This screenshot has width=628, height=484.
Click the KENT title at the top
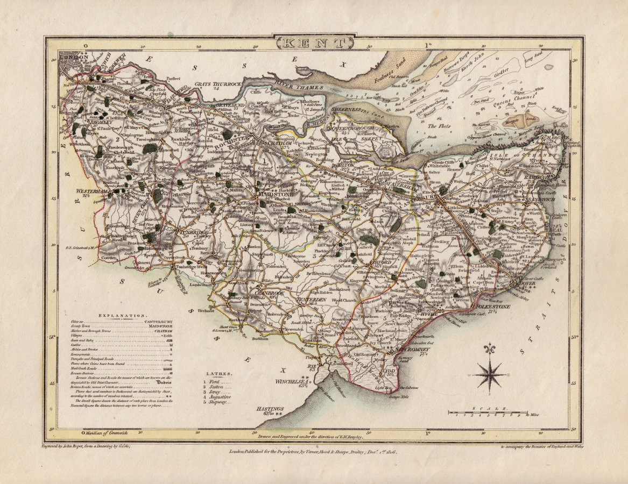click(x=314, y=42)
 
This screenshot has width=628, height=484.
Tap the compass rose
click(x=490, y=374)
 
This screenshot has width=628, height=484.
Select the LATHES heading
click(x=218, y=373)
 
